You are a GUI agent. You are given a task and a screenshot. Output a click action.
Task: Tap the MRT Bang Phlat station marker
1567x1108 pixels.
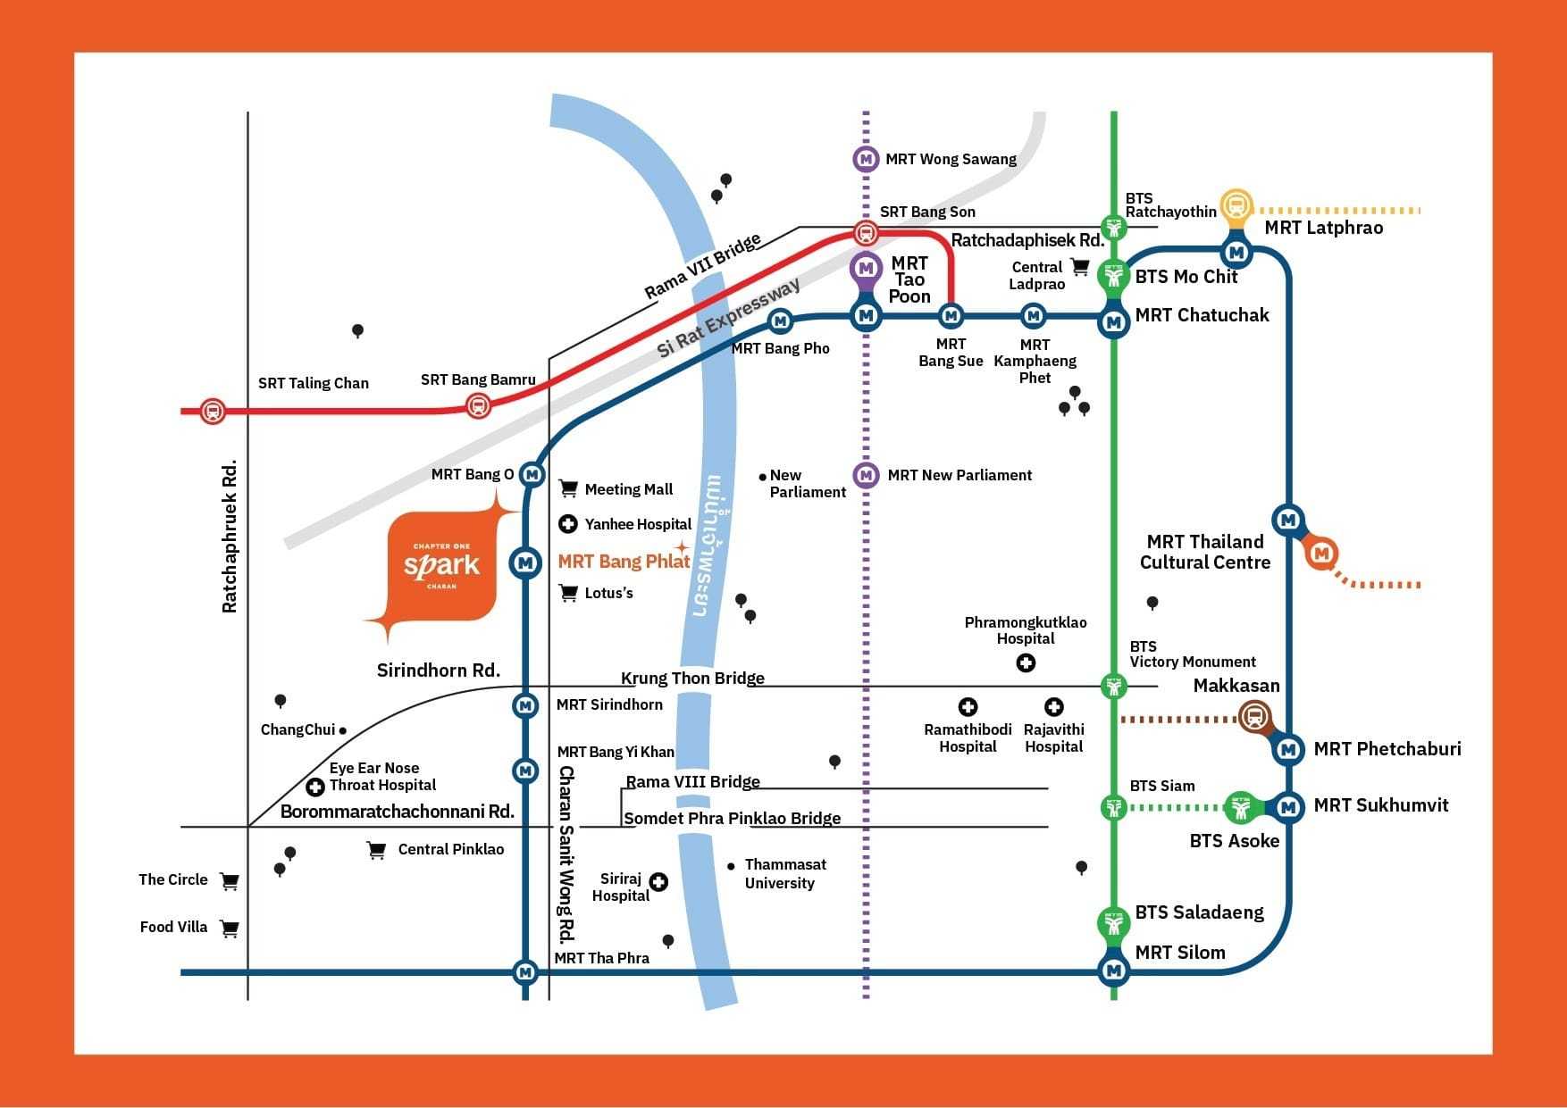(525, 562)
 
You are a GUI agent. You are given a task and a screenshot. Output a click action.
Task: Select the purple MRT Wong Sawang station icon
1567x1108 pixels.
(865, 159)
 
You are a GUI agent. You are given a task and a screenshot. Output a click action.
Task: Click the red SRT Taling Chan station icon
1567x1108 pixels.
(213, 411)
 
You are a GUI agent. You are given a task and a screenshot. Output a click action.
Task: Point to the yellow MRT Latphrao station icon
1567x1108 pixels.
(1236, 205)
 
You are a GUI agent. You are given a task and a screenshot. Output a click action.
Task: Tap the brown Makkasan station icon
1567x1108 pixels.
(1254, 716)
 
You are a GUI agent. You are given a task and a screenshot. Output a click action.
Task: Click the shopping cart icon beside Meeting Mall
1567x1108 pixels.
(568, 488)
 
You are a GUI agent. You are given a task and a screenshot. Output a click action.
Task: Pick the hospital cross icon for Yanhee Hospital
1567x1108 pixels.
(567, 524)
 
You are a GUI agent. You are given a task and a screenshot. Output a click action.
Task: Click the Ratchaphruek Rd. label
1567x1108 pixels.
(230, 536)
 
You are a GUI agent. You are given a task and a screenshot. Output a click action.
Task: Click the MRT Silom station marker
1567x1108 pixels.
(1113, 970)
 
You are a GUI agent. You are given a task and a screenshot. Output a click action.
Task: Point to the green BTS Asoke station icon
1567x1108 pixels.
(1240, 808)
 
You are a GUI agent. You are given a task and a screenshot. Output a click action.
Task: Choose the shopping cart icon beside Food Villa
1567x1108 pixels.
(230, 929)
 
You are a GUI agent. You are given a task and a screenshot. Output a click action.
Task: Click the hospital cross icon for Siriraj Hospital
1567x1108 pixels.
(658, 882)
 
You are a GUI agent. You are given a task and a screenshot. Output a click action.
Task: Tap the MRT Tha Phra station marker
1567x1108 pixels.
(525, 971)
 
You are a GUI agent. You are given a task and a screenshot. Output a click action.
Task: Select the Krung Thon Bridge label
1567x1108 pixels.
(692, 678)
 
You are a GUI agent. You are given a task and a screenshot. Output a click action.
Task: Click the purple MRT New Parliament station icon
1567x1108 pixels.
(865, 475)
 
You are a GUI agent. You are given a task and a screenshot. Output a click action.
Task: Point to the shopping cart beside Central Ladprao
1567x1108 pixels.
(1080, 267)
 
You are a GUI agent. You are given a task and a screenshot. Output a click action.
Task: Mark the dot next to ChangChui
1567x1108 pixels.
(343, 730)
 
